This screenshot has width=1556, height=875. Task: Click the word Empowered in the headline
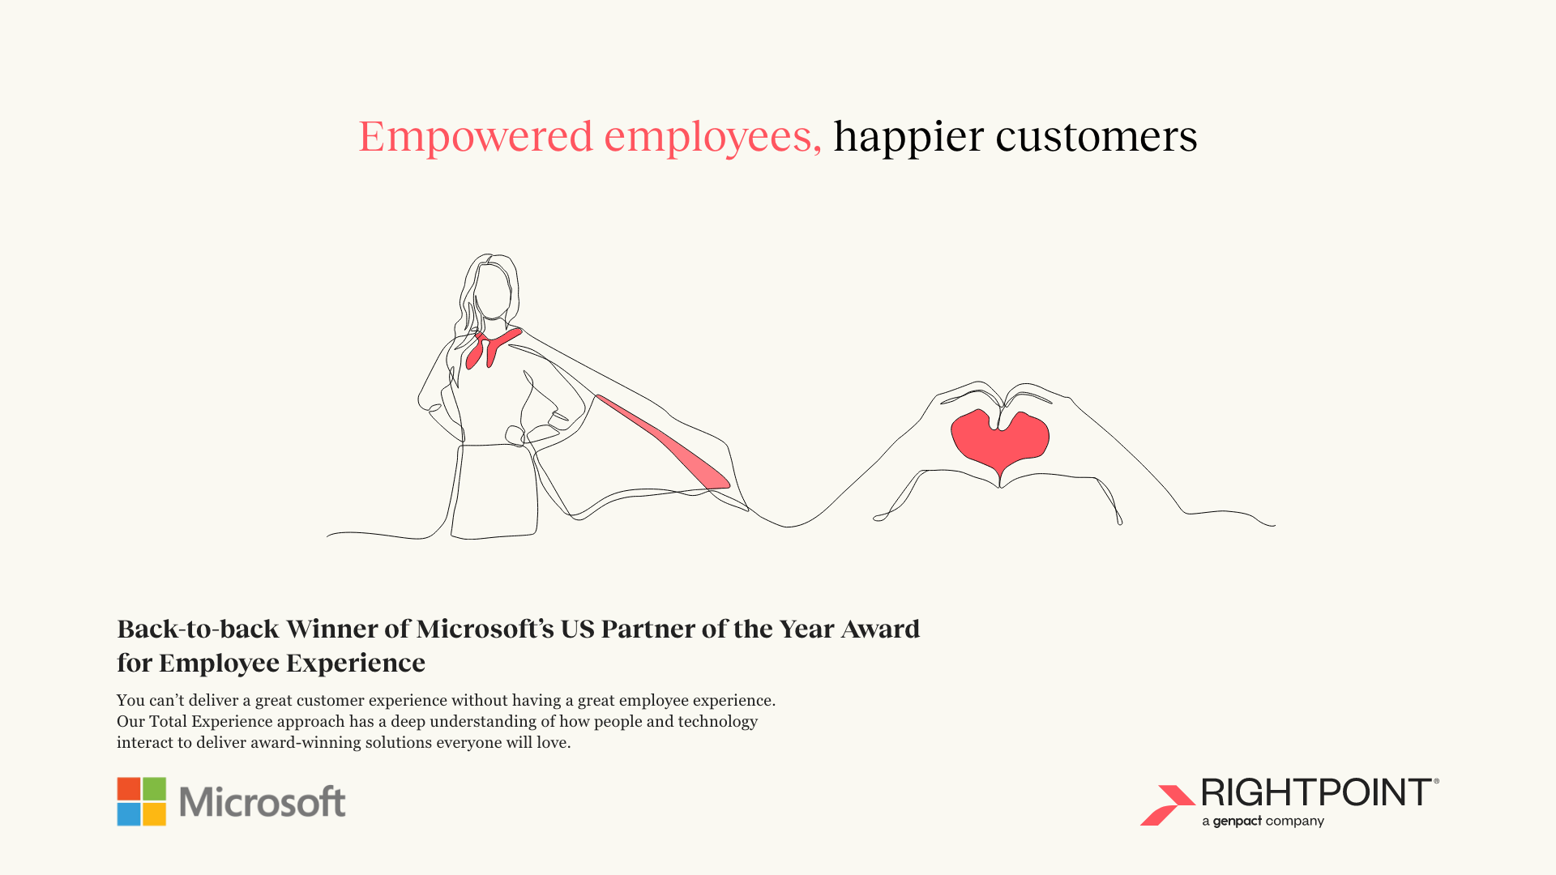point(476,137)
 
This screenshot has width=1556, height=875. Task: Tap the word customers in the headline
point(1096,137)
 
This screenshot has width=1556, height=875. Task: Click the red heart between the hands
point(1000,441)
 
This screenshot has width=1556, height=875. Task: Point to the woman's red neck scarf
point(491,348)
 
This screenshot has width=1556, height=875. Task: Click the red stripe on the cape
point(663,442)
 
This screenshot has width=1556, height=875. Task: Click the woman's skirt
point(494,491)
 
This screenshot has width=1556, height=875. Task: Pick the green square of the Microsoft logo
point(155,788)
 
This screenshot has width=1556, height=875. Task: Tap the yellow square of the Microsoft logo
point(155,814)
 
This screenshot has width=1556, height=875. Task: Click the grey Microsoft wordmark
point(263,802)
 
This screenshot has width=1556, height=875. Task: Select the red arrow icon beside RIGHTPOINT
point(1168,805)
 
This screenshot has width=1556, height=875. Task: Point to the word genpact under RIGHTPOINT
point(1238,822)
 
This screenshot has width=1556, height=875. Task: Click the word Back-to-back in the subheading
point(199,629)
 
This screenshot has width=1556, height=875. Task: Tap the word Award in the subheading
point(880,629)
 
